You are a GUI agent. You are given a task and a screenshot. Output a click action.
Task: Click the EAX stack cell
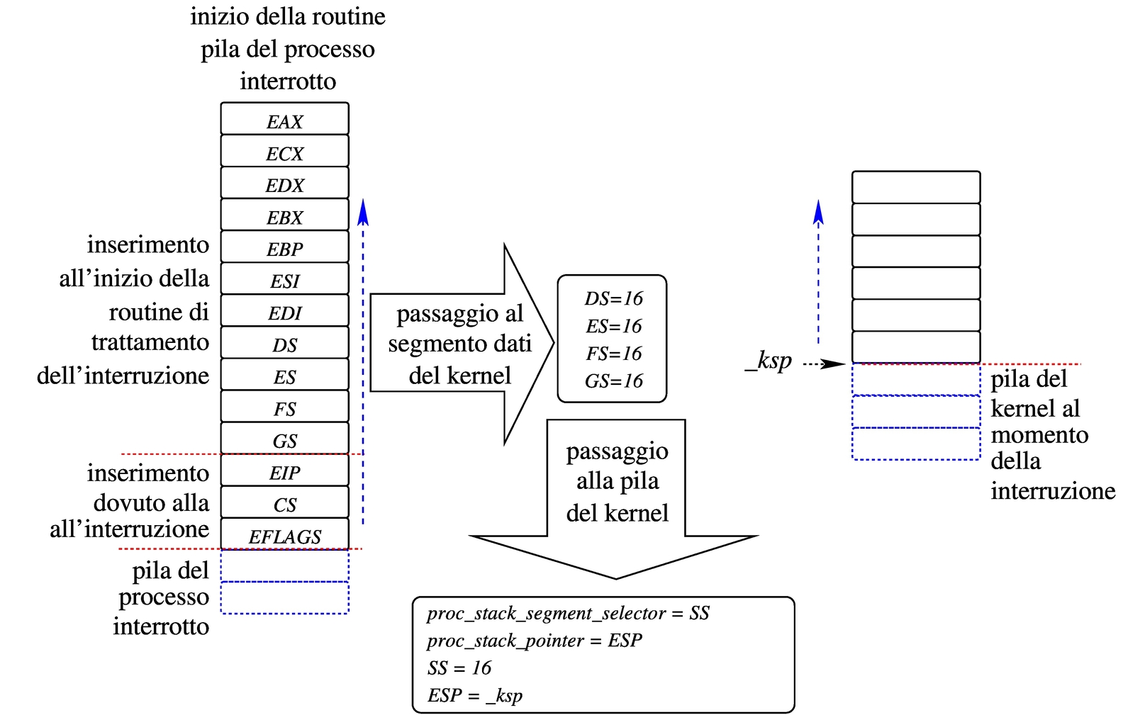(x=284, y=120)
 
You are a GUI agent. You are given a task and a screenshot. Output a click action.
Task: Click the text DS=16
(x=613, y=298)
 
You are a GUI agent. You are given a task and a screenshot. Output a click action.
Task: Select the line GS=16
(x=613, y=381)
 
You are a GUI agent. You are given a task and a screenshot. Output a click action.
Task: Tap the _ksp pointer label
(x=769, y=361)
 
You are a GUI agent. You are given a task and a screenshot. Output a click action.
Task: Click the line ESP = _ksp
(x=475, y=695)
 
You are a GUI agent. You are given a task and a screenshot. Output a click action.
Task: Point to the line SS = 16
(x=459, y=668)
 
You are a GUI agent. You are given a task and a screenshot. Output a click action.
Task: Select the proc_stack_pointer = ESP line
(x=535, y=641)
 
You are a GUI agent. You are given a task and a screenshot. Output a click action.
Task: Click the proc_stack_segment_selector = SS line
(x=568, y=613)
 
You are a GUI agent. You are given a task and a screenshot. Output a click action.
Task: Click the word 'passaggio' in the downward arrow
(x=617, y=451)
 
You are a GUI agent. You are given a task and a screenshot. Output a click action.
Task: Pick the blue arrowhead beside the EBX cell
(x=364, y=211)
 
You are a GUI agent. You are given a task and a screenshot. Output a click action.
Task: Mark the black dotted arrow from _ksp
(x=822, y=364)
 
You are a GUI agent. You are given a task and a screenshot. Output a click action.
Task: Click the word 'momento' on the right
(x=1039, y=434)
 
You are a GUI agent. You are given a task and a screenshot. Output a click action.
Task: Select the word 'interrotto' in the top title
(x=288, y=81)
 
